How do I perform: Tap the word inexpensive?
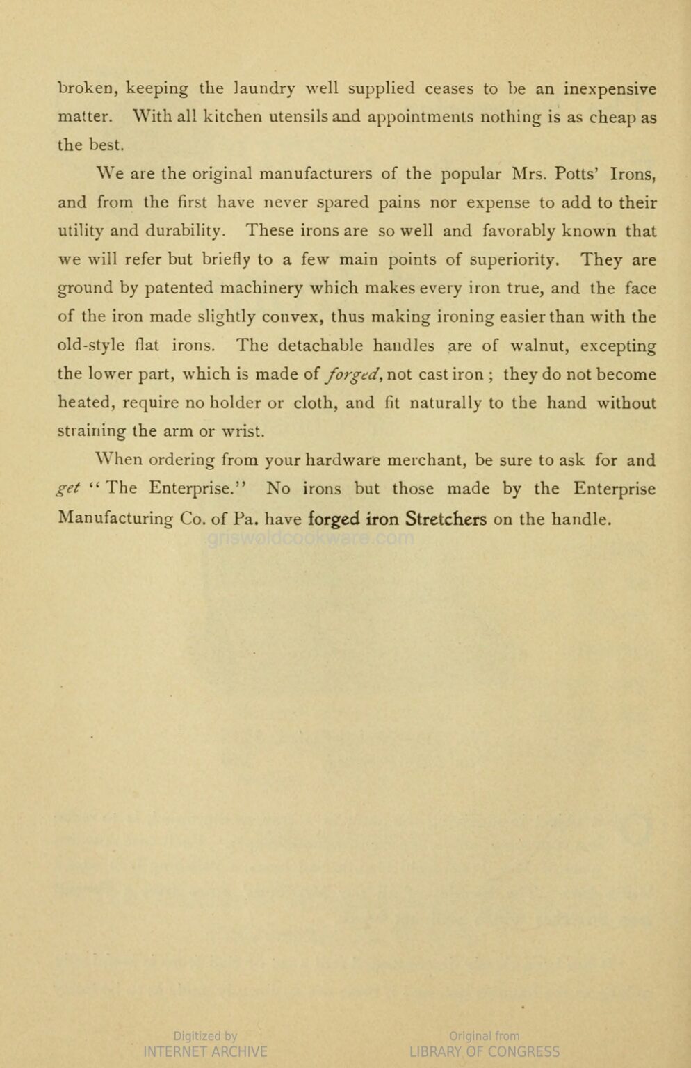tap(610, 90)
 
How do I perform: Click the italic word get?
tap(69, 489)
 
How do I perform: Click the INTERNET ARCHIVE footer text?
tap(205, 1051)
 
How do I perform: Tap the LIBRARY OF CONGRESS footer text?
tap(485, 1051)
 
